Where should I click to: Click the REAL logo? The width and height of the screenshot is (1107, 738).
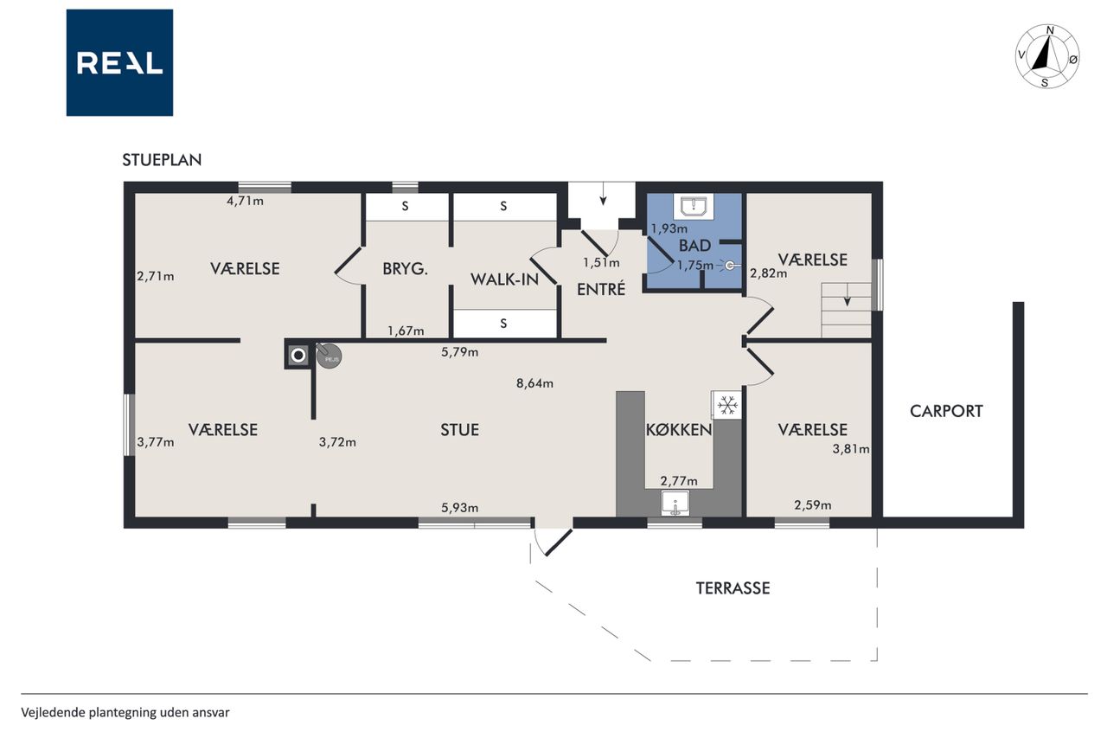pyautogui.click(x=119, y=63)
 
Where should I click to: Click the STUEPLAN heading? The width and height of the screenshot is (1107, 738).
pyautogui.click(x=162, y=160)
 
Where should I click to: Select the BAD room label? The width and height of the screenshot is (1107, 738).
pyautogui.click(x=694, y=245)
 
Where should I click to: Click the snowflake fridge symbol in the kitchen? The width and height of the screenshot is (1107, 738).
pyautogui.click(x=727, y=405)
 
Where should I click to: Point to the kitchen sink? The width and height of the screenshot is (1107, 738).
pyautogui.click(x=675, y=504)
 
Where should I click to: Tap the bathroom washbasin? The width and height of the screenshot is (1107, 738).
pyautogui.click(x=694, y=206)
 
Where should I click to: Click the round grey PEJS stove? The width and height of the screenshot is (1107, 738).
pyautogui.click(x=330, y=356)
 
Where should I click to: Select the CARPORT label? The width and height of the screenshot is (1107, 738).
pyautogui.click(x=946, y=411)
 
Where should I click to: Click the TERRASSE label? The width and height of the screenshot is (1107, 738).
pyautogui.click(x=733, y=588)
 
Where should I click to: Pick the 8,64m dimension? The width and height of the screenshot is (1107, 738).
pyautogui.click(x=534, y=383)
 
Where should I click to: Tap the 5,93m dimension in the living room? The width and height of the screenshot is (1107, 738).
pyautogui.click(x=459, y=508)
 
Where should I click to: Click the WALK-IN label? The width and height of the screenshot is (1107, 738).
pyautogui.click(x=504, y=279)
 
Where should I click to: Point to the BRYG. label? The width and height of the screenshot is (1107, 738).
pyautogui.click(x=406, y=269)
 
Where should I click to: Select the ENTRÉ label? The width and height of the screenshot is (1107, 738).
pyautogui.click(x=601, y=289)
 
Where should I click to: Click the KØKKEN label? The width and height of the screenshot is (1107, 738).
pyautogui.click(x=679, y=429)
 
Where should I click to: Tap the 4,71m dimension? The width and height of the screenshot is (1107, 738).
pyautogui.click(x=245, y=202)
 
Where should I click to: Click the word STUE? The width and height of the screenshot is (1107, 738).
pyautogui.click(x=459, y=429)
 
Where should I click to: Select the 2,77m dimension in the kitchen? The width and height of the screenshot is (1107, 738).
pyautogui.click(x=679, y=481)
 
